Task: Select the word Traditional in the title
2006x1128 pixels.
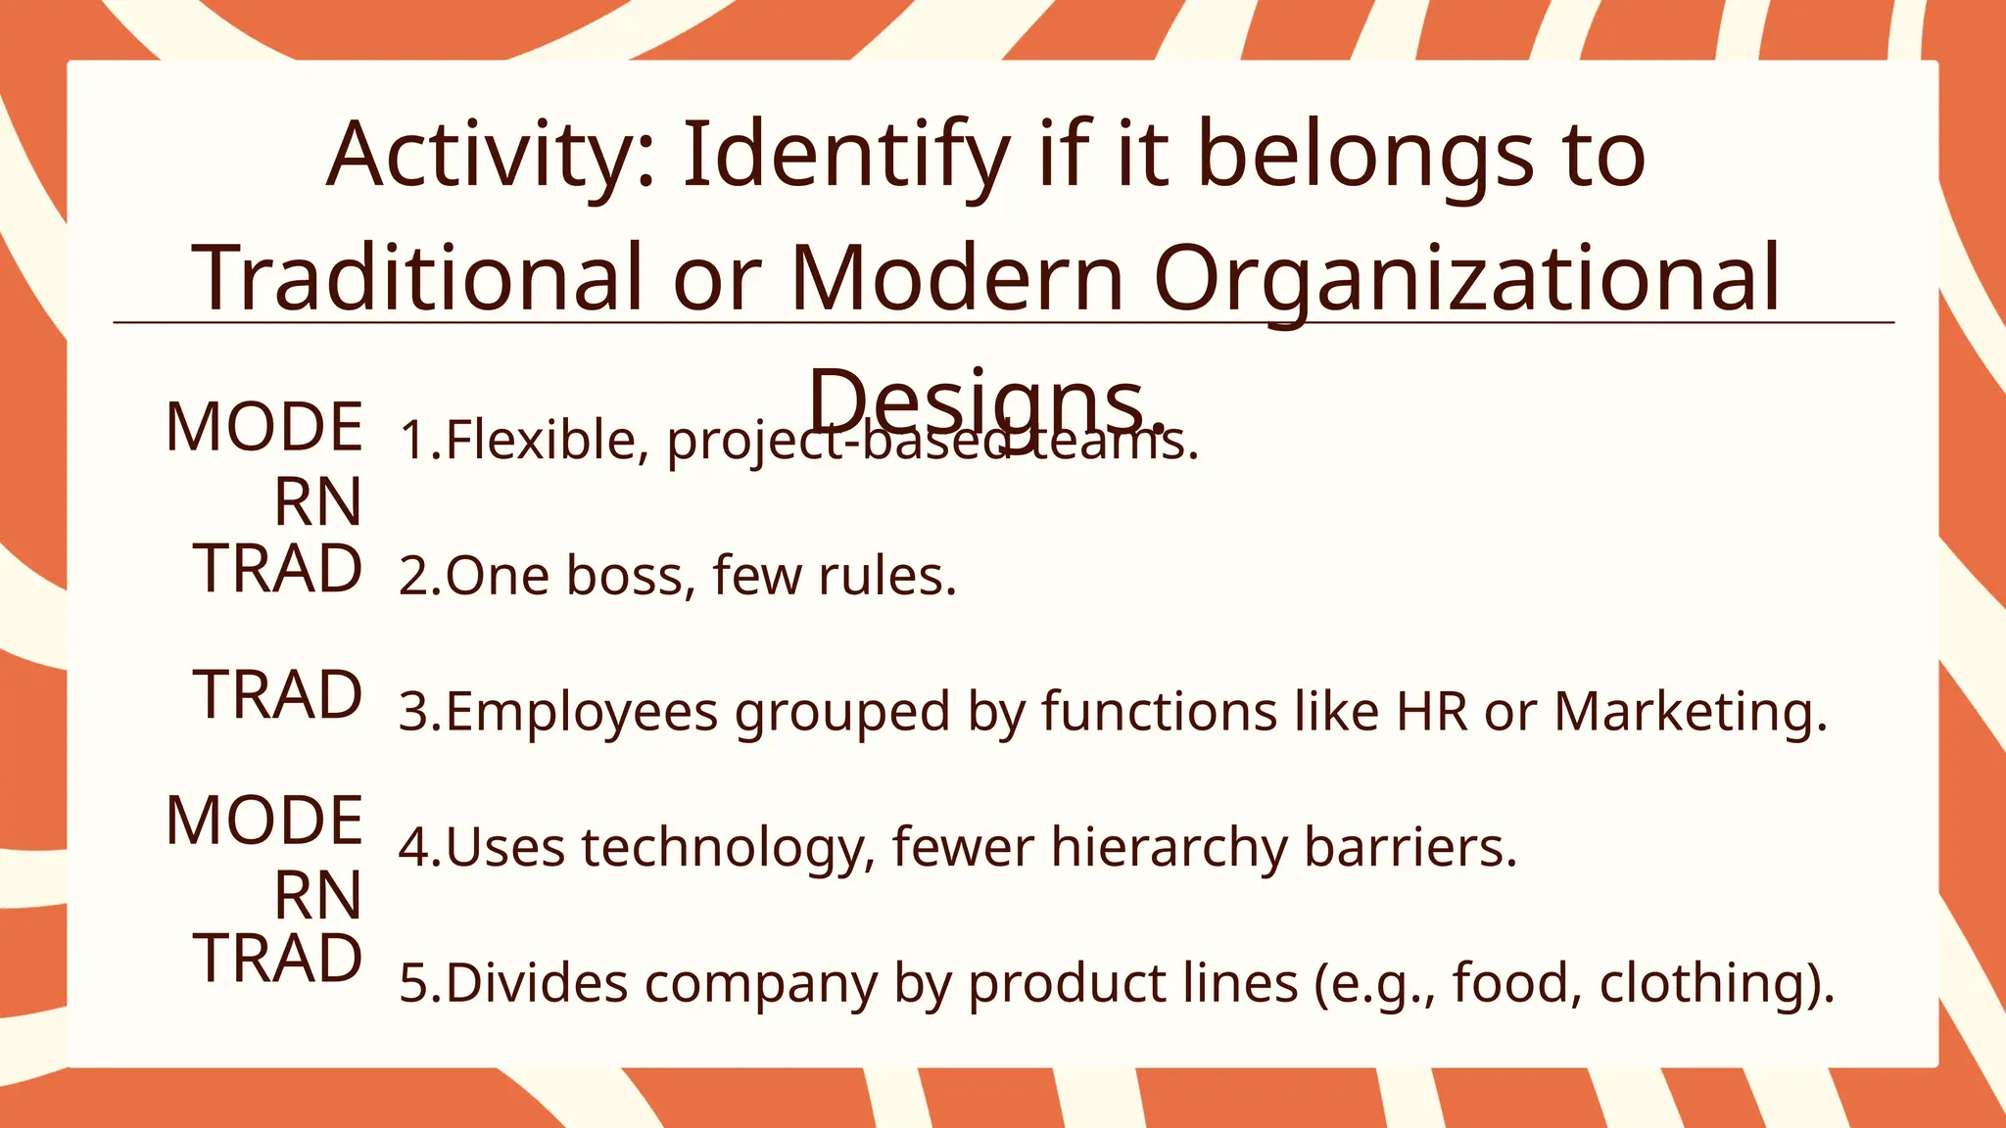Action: click(417, 278)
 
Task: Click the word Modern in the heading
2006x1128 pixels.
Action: click(958, 278)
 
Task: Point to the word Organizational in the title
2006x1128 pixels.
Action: click(1466, 278)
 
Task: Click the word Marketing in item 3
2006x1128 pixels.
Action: click(1689, 712)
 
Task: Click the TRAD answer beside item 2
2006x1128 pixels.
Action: click(279, 569)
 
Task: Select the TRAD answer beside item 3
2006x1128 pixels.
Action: click(279, 695)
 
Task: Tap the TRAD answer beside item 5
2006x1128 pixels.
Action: click(279, 959)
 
